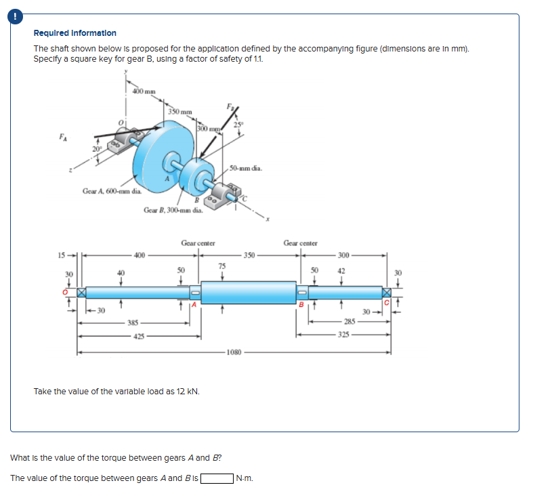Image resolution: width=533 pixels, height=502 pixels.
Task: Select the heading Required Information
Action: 74,33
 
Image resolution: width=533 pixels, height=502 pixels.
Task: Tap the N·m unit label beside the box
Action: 244,478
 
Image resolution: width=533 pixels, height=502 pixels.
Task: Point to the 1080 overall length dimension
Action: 234,352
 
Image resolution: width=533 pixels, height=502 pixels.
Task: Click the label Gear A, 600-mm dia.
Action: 111,192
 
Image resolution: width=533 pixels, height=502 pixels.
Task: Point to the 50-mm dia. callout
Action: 250,168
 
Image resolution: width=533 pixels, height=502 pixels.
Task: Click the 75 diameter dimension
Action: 221,266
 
